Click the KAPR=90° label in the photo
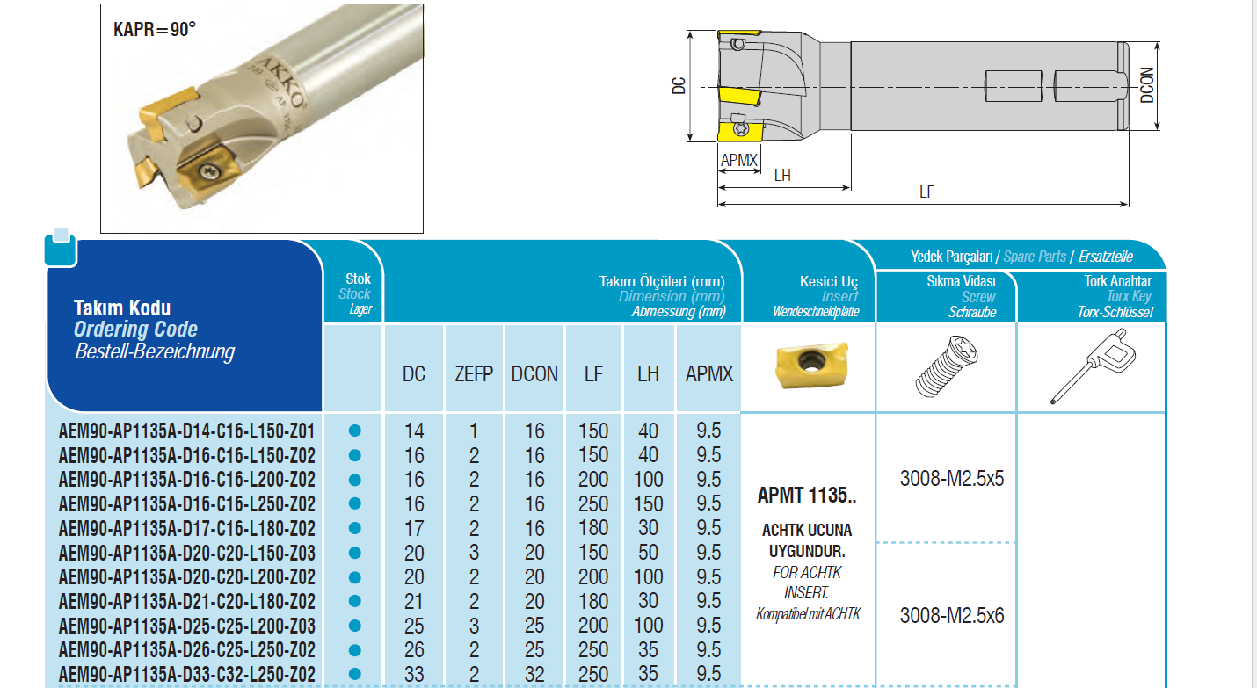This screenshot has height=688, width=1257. [x=155, y=29]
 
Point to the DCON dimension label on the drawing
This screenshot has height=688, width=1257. [x=1147, y=85]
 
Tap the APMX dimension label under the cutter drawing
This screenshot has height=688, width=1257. [x=739, y=161]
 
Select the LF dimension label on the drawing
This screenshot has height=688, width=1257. [x=926, y=192]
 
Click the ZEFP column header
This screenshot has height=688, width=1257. [x=474, y=374]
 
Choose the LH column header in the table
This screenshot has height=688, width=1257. [x=648, y=374]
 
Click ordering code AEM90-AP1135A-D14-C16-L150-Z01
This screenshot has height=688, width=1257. [x=187, y=431]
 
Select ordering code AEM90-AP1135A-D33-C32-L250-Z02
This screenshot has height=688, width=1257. [x=187, y=675]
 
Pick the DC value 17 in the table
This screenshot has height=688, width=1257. [x=414, y=528]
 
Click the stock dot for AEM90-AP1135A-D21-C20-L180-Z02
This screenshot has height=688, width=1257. [x=354, y=601]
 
